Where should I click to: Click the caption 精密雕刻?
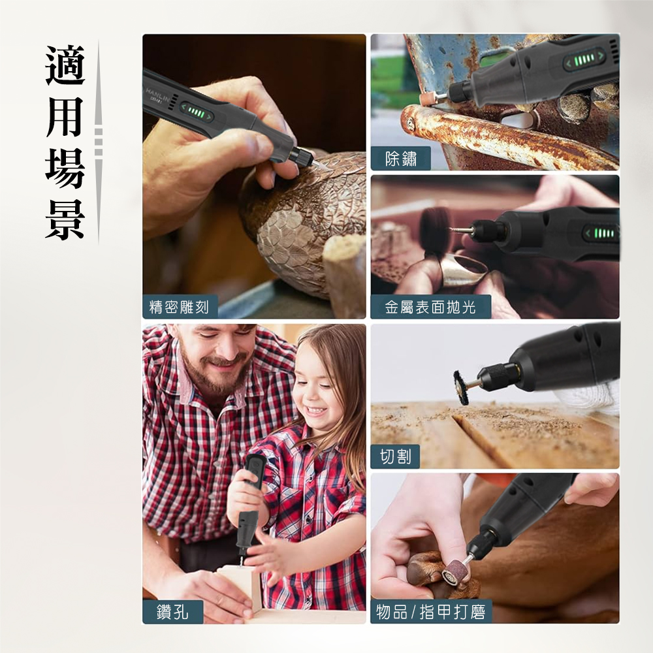(180, 307)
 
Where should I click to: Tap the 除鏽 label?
(401, 159)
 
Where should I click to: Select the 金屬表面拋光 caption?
(430, 307)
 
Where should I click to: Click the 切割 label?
(395, 457)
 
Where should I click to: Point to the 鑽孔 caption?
(172, 613)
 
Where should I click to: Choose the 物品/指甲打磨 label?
(431, 613)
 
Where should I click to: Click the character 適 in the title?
(65, 65)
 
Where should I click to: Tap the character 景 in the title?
(65, 219)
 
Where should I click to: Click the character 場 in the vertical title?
(65, 168)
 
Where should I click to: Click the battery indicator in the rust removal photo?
(582, 61)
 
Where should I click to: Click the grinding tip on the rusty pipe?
(429, 99)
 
